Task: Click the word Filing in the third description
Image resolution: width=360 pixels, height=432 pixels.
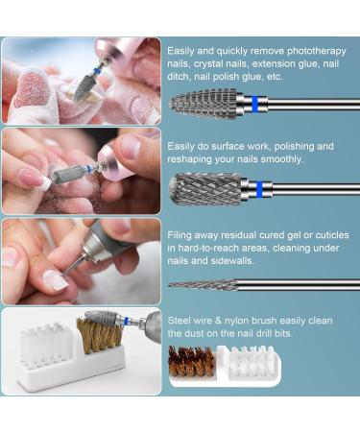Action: tap(180, 233)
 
